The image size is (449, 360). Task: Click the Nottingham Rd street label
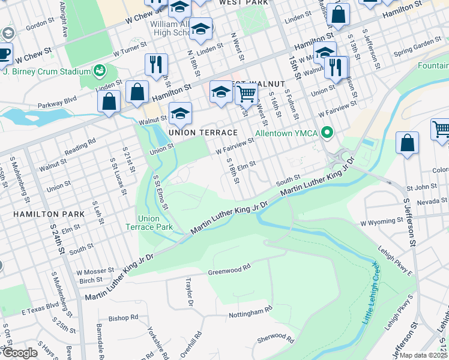click(x=250, y=313)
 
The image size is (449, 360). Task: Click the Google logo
click(x=20, y=353)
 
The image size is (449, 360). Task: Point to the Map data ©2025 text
click(x=424, y=355)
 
